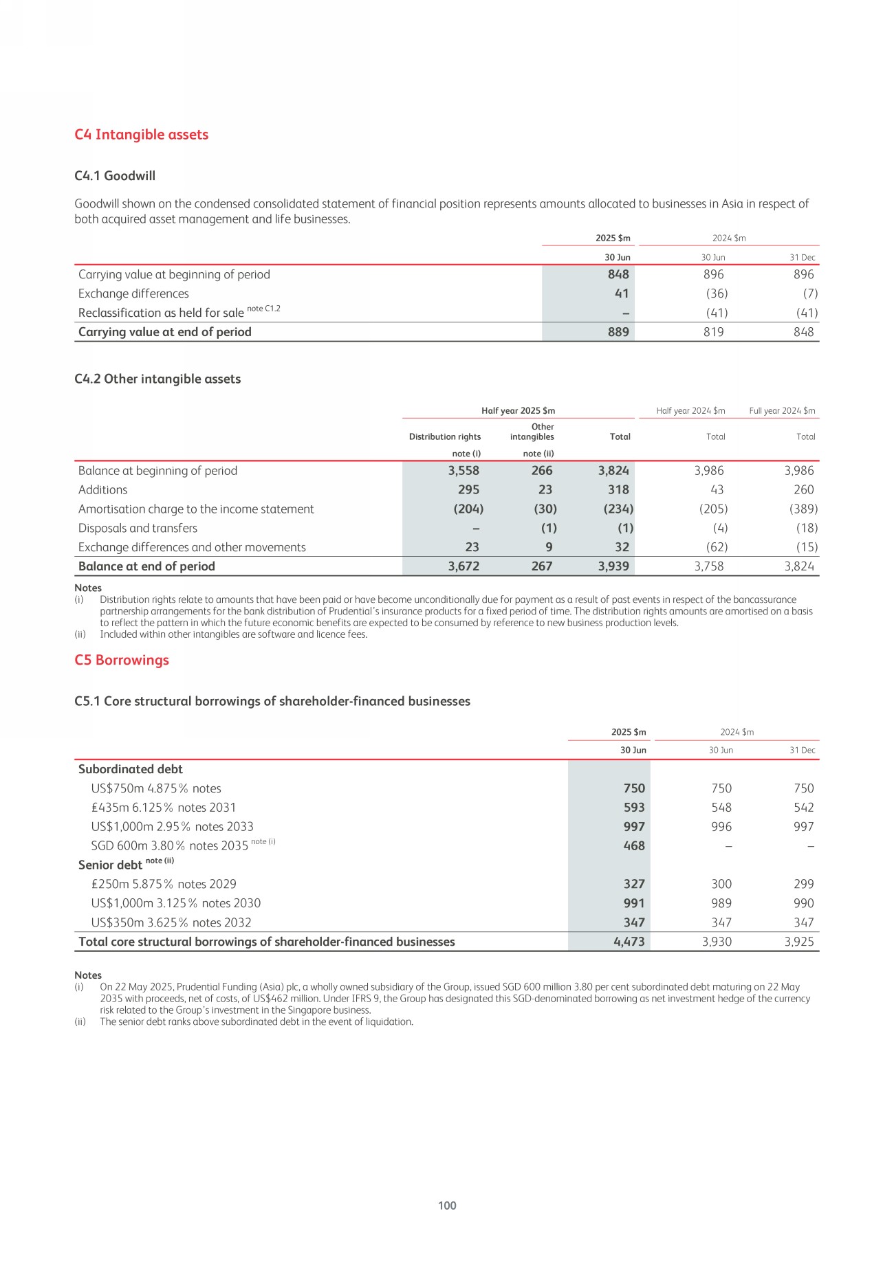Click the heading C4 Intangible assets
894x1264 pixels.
point(141,135)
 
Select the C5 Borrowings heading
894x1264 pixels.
point(122,660)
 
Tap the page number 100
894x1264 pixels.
point(447,1205)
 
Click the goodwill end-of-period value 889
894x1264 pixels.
point(618,332)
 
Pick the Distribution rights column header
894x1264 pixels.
point(445,436)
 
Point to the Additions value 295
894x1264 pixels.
point(468,490)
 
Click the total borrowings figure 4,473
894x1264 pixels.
point(629,942)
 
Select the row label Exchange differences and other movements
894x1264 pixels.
point(192,547)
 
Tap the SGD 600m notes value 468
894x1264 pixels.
point(634,846)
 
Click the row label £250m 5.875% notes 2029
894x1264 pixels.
point(164,884)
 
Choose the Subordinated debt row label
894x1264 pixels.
point(131,769)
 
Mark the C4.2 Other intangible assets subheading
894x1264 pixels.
point(157,379)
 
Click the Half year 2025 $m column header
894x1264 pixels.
point(518,411)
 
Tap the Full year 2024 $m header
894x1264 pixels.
point(782,411)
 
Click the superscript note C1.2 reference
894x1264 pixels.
point(263,309)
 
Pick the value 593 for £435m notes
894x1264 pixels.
point(634,808)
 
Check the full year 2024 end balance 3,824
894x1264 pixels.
point(799,566)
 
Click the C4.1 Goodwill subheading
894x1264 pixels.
point(115,176)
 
